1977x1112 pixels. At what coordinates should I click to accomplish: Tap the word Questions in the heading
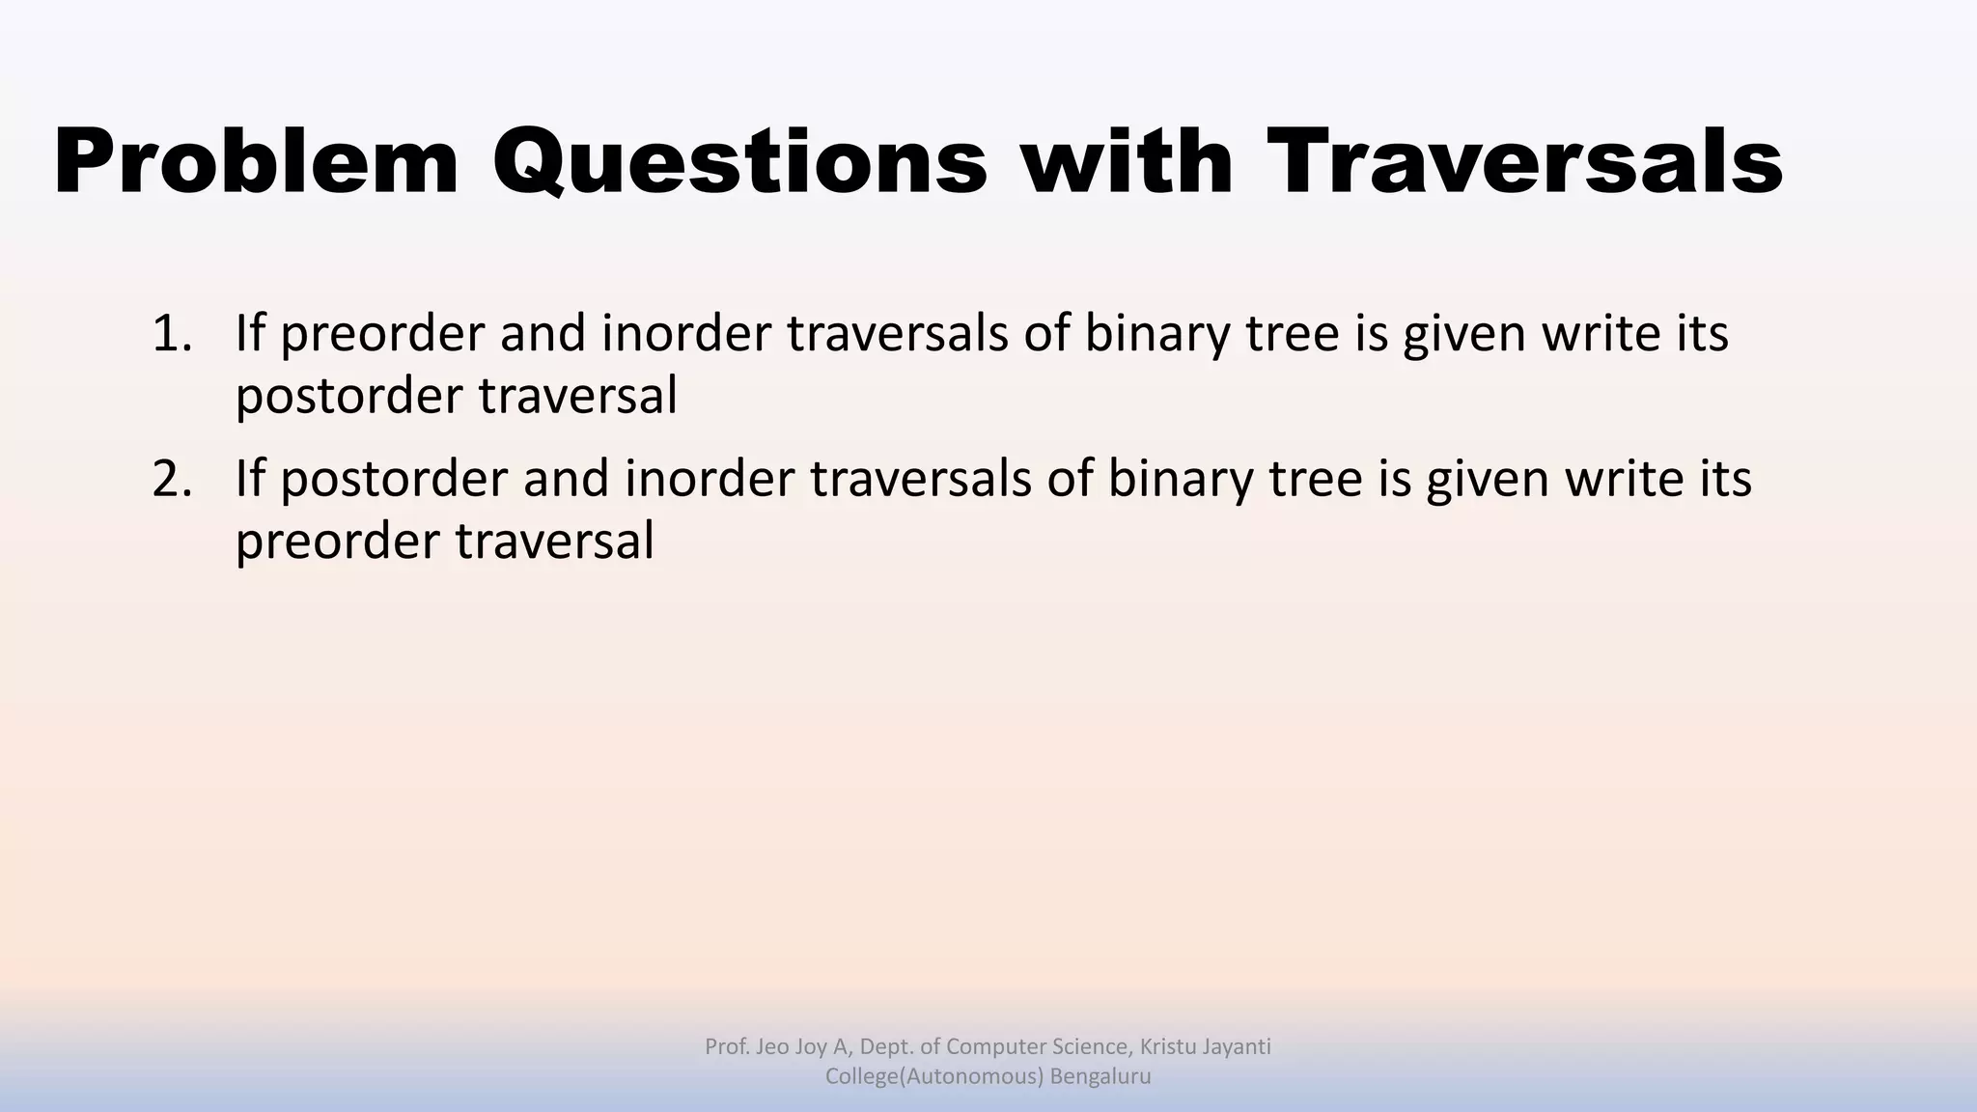[x=740, y=162]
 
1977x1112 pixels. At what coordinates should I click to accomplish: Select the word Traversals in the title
[x=1525, y=162]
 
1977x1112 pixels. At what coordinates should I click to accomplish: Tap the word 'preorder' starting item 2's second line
[x=337, y=541]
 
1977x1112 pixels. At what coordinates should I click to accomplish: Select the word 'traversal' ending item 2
[x=554, y=541]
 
